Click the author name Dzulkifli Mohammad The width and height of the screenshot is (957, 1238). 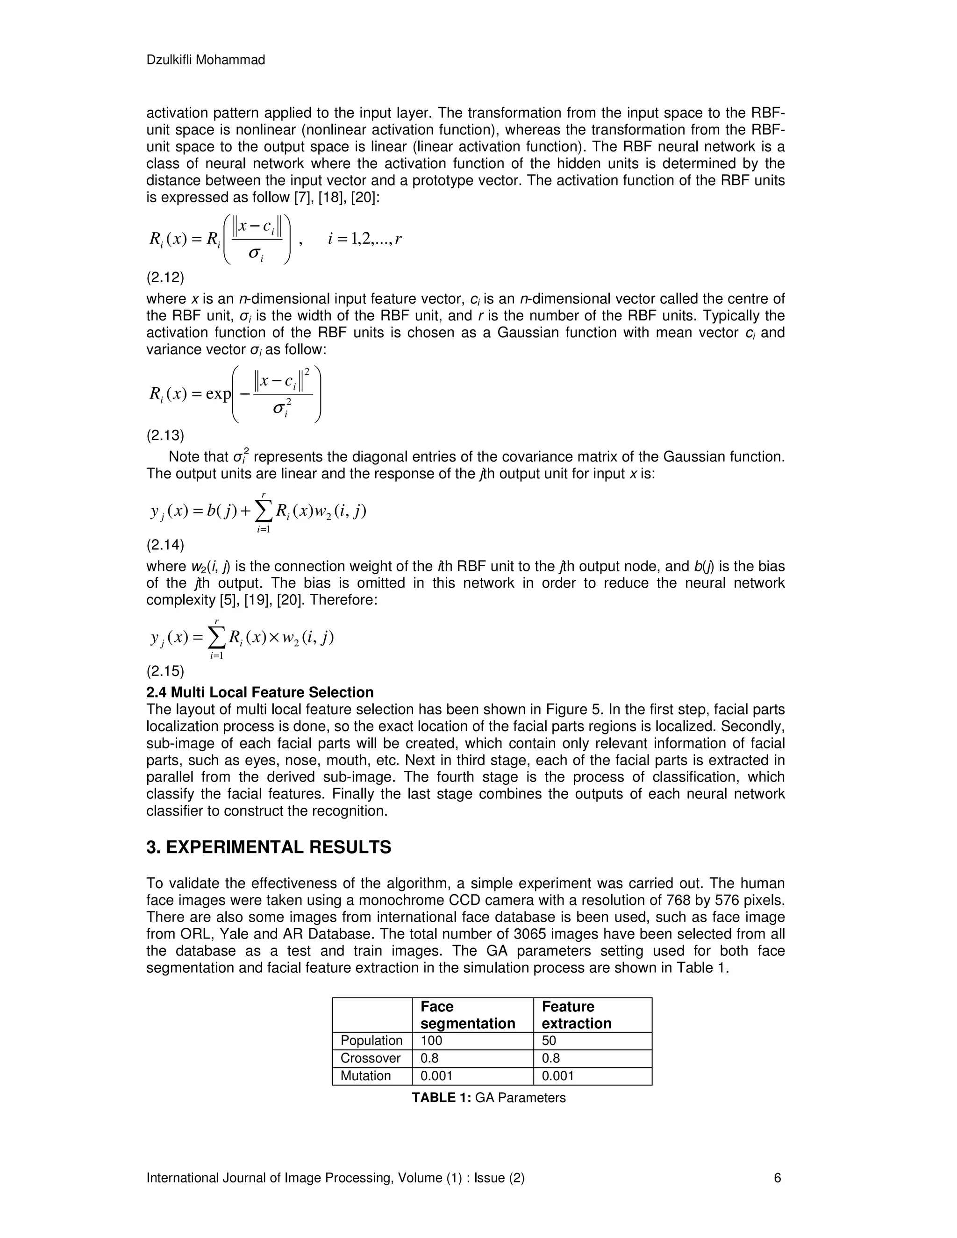coord(205,60)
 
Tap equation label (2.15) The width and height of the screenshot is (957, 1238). coord(165,671)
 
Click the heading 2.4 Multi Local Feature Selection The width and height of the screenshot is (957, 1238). coord(260,692)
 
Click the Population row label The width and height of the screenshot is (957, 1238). coord(371,1040)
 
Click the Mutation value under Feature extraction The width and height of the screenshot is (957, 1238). coord(558,1075)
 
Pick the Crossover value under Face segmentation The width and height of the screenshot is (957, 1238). coord(429,1058)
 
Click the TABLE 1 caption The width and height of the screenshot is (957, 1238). coord(488,1097)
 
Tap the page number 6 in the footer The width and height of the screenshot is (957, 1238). coord(777,1178)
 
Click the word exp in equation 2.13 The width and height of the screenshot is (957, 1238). coord(218,393)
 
